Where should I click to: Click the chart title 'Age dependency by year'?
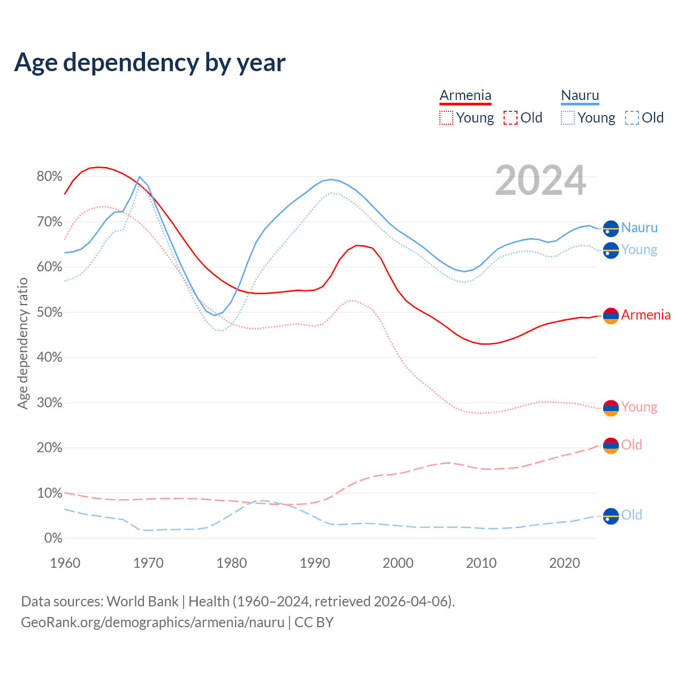[150, 63]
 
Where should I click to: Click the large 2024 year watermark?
[541, 181]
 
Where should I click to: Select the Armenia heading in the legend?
[465, 96]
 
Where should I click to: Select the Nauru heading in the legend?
[580, 96]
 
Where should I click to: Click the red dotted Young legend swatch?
[446, 118]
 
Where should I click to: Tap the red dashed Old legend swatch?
[511, 118]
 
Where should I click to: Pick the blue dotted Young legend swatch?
[568, 118]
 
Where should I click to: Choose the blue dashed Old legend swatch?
[632, 118]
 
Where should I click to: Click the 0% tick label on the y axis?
[52, 538]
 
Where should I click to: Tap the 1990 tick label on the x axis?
[315, 563]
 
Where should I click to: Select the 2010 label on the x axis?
[482, 563]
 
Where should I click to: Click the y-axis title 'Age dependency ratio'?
[22, 343]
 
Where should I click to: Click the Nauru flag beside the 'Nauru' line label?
[611, 229]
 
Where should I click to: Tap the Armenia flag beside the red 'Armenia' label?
[611, 316]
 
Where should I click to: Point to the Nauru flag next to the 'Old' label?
[611, 516]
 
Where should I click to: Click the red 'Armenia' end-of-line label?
[645, 315]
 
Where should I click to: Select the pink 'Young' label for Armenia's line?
[639, 407]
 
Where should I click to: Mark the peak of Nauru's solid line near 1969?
[139, 177]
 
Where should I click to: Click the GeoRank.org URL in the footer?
[153, 622]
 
